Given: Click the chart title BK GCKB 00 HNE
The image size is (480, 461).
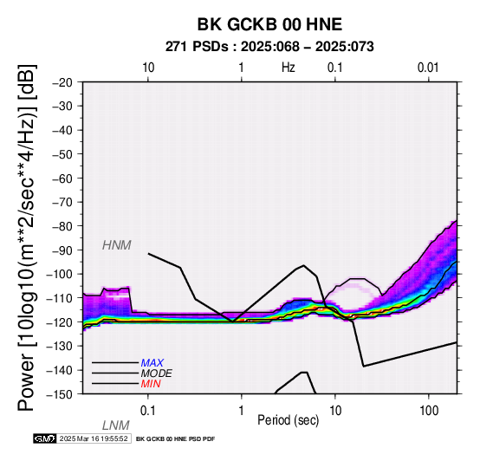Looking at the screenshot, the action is click(x=269, y=24).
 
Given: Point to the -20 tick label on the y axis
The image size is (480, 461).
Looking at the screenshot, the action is click(x=62, y=82).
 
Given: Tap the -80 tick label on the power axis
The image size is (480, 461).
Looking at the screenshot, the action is click(x=62, y=226).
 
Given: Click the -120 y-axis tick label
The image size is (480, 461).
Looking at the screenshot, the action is click(x=60, y=321).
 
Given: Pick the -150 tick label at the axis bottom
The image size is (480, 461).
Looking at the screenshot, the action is click(x=60, y=394).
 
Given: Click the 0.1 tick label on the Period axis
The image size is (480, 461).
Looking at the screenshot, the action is click(x=148, y=411).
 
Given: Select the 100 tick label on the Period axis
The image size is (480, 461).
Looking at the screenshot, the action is click(x=429, y=411).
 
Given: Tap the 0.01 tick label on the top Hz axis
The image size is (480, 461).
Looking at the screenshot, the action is click(x=428, y=68).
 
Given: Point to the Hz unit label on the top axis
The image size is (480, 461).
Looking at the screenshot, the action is click(x=288, y=68).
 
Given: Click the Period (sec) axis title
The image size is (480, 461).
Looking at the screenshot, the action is click(x=288, y=420).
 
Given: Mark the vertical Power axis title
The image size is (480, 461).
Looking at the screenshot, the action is click(x=27, y=237).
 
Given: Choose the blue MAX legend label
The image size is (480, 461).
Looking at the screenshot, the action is click(x=152, y=363).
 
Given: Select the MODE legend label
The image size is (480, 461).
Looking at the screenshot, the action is click(x=157, y=373).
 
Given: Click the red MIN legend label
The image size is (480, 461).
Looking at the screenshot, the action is click(x=151, y=384).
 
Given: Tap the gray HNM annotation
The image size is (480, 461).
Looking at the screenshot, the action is click(x=117, y=245).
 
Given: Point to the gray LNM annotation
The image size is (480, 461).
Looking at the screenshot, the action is click(x=116, y=425).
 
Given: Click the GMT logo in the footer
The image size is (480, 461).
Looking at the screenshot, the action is click(x=45, y=438).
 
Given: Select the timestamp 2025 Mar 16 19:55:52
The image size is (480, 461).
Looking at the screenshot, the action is click(x=94, y=438).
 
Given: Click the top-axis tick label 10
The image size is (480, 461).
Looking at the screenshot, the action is click(x=148, y=68).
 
